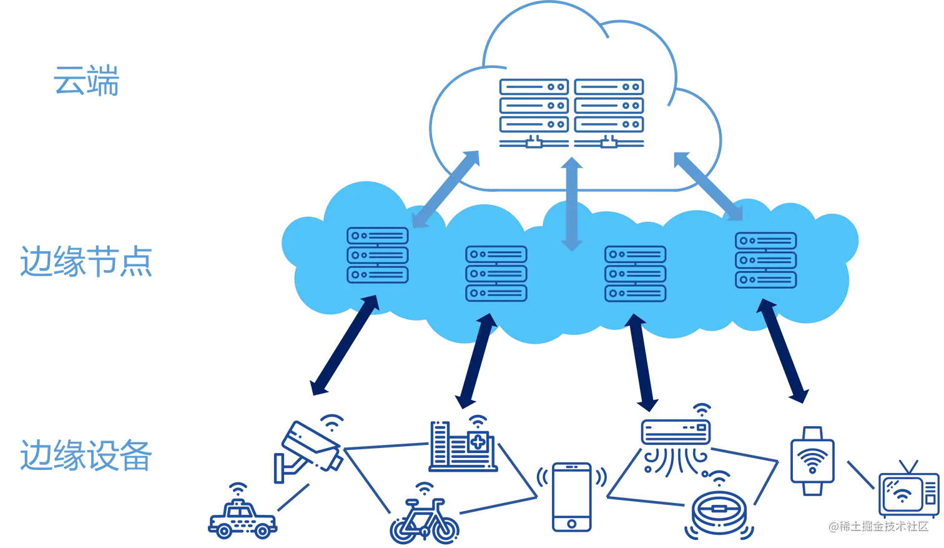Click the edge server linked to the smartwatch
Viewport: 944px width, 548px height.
click(x=765, y=259)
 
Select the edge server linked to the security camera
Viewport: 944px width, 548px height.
click(x=377, y=255)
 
